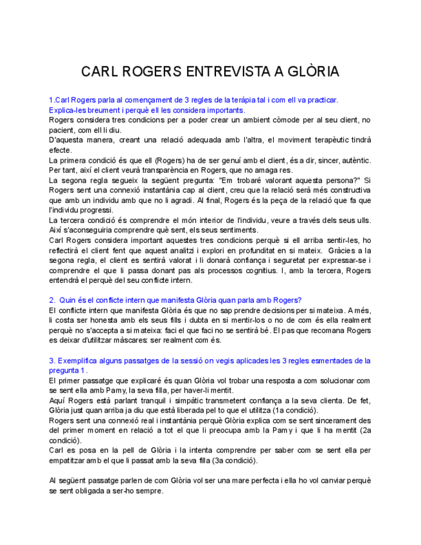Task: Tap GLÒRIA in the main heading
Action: (x=312, y=71)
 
